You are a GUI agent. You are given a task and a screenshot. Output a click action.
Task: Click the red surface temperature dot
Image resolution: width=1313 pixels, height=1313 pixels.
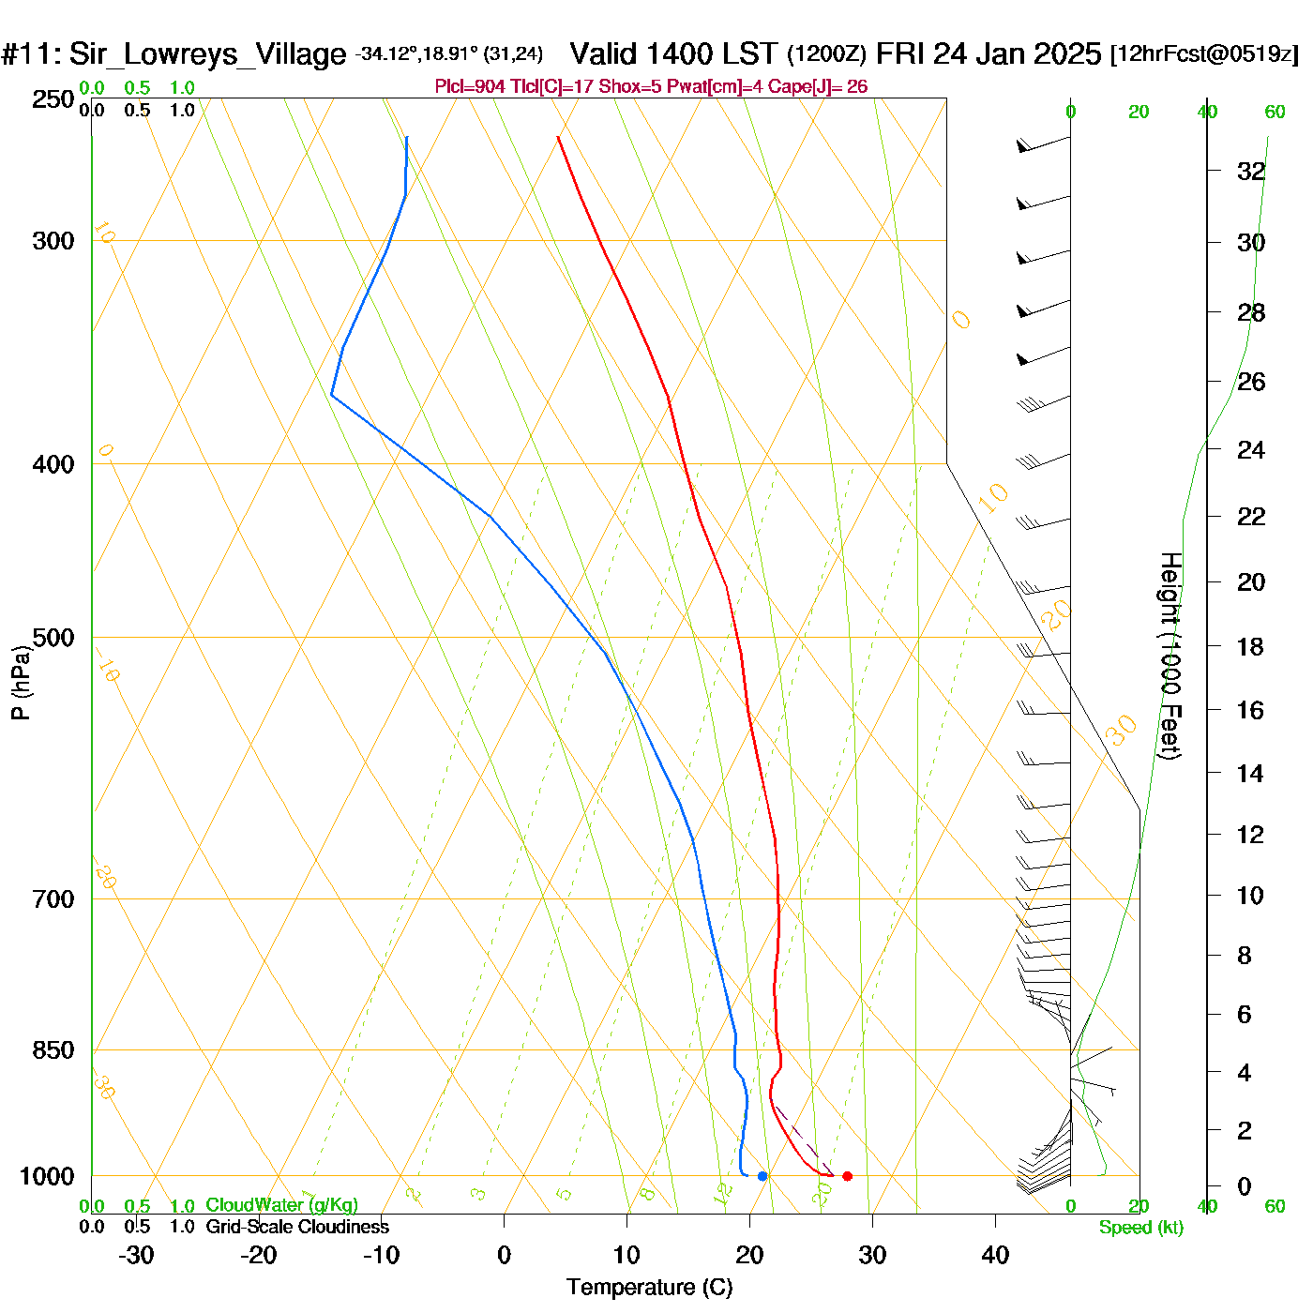pos(847,1176)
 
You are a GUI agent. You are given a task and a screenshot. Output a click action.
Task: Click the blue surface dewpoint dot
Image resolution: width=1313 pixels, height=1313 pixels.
pos(762,1176)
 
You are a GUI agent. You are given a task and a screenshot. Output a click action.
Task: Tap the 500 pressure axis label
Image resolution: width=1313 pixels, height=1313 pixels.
pos(53,638)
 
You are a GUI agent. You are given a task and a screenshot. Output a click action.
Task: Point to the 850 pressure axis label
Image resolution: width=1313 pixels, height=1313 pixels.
pos(53,1050)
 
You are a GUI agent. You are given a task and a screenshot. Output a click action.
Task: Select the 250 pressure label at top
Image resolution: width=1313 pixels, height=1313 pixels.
pos(53,99)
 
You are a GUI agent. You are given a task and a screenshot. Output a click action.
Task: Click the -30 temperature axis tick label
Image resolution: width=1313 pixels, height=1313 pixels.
pos(136,1255)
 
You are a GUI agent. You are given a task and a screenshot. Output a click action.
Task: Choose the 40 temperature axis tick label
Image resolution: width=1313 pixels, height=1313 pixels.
pos(995,1255)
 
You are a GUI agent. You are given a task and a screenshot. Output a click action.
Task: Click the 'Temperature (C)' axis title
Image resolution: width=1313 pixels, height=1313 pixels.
pos(649,1288)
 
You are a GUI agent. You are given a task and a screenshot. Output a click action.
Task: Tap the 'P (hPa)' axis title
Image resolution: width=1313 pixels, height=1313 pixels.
pos(21,682)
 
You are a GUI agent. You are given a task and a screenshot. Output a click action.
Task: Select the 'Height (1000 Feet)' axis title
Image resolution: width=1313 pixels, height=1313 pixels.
pos(1170,656)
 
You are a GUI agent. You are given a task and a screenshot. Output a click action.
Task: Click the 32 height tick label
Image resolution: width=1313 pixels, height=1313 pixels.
pos(1251,172)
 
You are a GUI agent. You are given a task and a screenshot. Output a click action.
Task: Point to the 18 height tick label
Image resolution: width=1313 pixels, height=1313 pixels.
pos(1250,646)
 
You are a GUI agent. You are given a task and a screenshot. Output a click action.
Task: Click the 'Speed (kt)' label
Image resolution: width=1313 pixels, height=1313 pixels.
pos(1141,1228)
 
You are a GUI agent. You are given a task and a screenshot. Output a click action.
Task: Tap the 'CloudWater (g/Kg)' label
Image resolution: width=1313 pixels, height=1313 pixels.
pos(281,1205)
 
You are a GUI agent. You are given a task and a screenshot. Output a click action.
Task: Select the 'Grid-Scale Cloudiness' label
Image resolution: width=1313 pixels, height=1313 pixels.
pos(297,1227)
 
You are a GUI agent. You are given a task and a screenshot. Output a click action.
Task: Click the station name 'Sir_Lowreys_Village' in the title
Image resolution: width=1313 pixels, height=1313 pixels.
pos(207,54)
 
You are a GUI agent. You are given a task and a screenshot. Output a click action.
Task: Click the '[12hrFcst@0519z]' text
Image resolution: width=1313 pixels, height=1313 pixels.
pos(1204,54)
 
